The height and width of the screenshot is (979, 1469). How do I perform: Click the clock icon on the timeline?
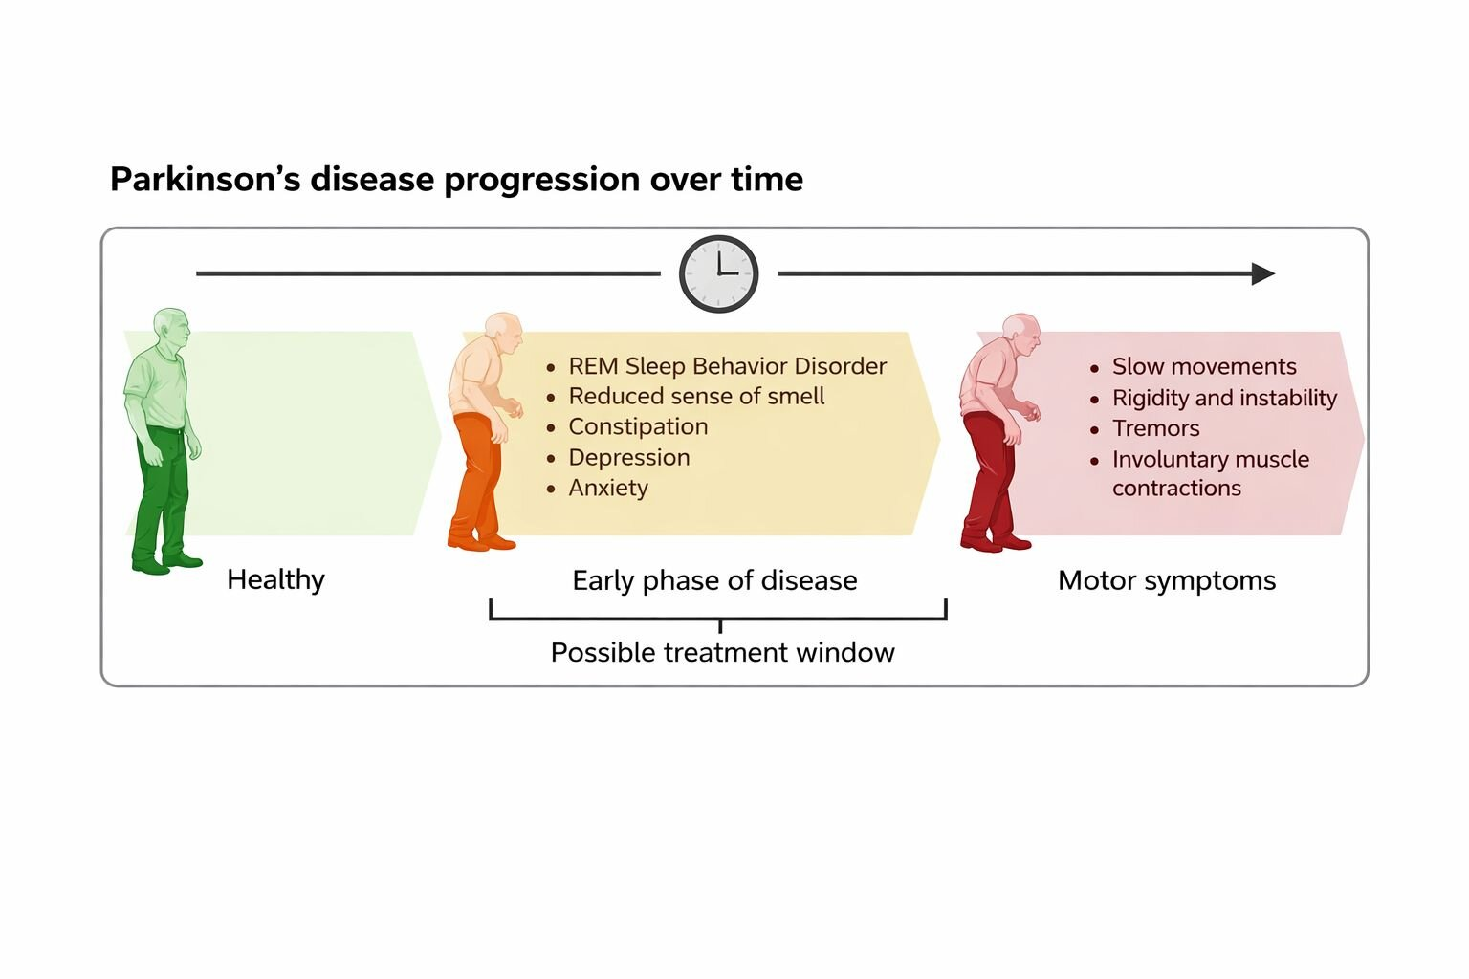click(x=718, y=273)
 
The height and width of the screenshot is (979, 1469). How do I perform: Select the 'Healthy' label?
click(x=275, y=579)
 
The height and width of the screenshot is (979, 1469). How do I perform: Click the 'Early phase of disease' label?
click(x=714, y=580)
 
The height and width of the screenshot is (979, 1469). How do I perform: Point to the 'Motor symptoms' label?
click(x=1167, y=580)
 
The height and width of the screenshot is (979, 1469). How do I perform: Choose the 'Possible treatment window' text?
click(x=722, y=652)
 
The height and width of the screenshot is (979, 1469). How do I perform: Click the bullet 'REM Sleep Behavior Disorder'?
click(x=727, y=366)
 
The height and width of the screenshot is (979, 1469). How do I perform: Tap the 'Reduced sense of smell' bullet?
click(x=696, y=396)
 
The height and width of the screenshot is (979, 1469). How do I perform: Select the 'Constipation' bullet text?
click(x=638, y=426)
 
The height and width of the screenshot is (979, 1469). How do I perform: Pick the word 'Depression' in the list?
click(x=629, y=457)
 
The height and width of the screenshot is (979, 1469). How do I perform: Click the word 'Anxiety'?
click(x=608, y=488)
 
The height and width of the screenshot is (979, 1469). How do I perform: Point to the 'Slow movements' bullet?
click(x=1204, y=366)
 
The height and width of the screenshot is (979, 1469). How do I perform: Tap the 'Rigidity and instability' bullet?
click(x=1224, y=398)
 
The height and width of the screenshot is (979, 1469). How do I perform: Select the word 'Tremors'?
click(x=1155, y=428)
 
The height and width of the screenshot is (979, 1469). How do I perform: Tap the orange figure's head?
click(x=503, y=333)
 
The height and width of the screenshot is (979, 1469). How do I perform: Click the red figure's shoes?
click(x=995, y=542)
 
